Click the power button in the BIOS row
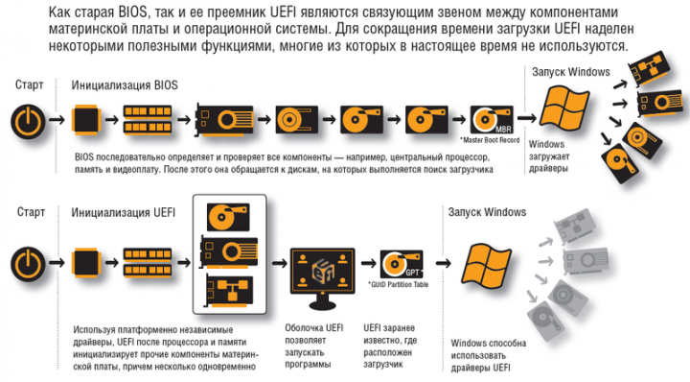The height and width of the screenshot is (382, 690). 28,121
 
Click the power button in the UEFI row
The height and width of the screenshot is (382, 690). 28,264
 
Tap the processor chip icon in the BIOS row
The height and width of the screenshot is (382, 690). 86,119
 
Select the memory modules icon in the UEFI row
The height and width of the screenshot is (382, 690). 148,263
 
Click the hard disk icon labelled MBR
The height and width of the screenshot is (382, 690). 492,120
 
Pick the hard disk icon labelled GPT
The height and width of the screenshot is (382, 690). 402,264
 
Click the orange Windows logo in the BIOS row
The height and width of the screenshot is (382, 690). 564,107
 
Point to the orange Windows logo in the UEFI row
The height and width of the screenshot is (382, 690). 486,264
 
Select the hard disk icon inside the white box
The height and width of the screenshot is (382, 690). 229,217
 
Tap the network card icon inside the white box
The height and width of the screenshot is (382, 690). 229,291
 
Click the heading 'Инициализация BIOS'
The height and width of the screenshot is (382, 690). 125,85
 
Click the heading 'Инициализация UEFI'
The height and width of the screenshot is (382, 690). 124,213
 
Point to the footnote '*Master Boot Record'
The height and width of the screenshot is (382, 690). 490,140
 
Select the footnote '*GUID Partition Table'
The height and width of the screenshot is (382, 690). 399,285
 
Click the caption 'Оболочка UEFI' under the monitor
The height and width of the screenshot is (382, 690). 313,328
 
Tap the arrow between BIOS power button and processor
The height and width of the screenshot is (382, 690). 57,119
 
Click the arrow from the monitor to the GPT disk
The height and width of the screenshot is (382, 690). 369,264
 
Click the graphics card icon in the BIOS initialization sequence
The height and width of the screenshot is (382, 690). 224,119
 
